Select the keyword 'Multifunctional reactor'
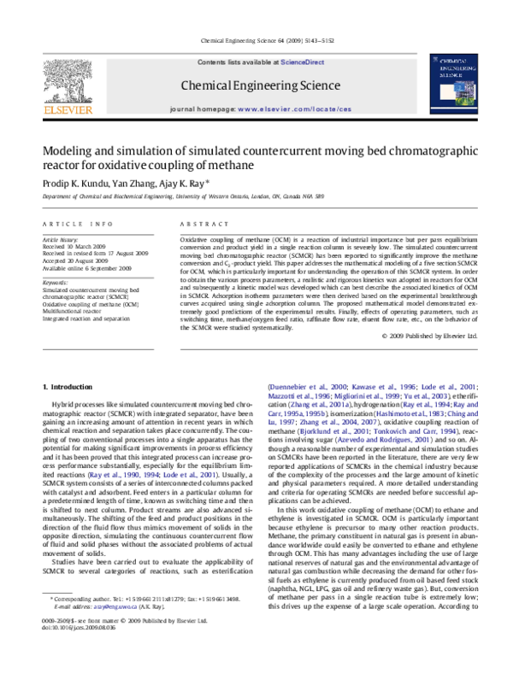pos(78,311)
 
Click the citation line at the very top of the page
pos(257,40)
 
